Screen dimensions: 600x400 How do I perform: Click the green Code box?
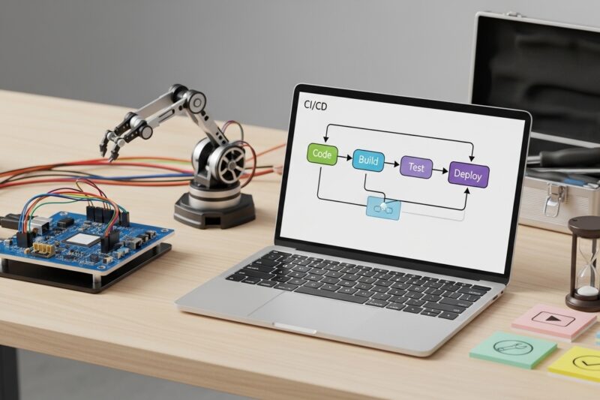point(322,155)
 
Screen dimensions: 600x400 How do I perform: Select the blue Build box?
point(368,161)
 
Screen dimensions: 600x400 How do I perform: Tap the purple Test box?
point(416,167)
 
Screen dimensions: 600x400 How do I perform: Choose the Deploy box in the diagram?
point(468,175)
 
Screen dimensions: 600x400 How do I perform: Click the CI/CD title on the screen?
point(315,105)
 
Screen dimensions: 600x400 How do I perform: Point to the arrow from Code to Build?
point(345,158)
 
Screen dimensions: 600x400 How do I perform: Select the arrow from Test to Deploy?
point(440,171)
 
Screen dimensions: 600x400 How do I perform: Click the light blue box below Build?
point(383,208)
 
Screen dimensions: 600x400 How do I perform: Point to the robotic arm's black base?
point(214,210)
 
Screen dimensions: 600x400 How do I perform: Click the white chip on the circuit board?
point(83,239)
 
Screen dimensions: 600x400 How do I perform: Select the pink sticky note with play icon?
point(548,320)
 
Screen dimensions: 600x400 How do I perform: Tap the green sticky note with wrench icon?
point(513,349)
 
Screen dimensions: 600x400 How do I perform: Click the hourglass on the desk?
point(584,263)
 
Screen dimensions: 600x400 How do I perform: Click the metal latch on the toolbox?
point(551,198)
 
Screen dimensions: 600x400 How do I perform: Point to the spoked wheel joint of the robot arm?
point(227,164)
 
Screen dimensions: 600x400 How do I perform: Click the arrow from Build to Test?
point(391,164)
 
